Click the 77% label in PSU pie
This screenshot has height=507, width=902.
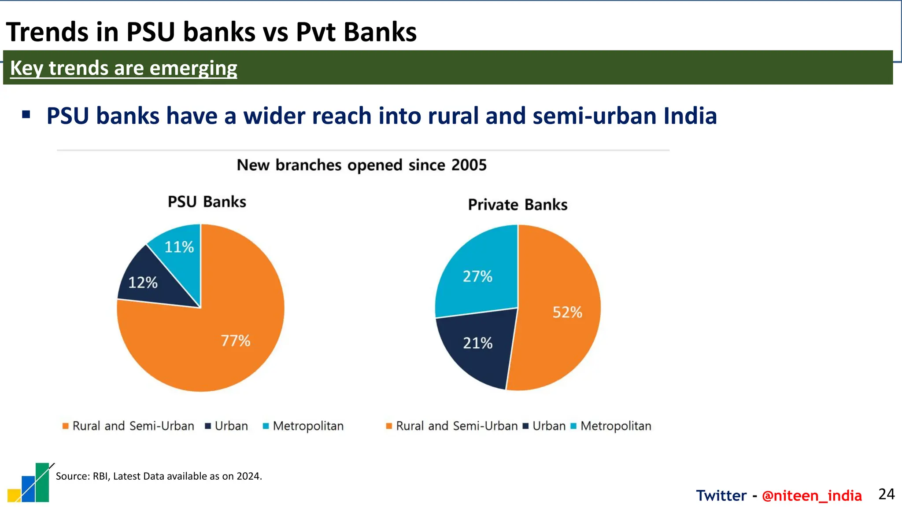click(235, 341)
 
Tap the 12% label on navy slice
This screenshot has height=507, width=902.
click(143, 283)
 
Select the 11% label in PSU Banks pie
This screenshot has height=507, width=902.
click(179, 247)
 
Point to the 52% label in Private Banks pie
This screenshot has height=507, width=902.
click(567, 312)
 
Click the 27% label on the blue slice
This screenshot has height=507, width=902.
click(477, 276)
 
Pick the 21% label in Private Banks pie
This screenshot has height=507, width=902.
click(477, 343)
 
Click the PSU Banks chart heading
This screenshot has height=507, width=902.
click(207, 202)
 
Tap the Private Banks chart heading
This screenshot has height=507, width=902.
click(518, 205)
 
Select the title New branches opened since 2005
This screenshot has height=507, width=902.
click(362, 165)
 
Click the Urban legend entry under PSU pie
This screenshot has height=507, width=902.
click(231, 426)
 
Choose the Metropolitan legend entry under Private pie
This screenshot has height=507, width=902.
click(615, 426)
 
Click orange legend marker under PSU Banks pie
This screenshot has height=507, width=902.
click(66, 426)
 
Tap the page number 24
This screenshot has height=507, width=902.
click(886, 494)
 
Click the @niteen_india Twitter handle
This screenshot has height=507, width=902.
click(811, 496)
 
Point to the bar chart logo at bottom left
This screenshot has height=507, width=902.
click(30, 483)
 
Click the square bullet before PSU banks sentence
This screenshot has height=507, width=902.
click(26, 115)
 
